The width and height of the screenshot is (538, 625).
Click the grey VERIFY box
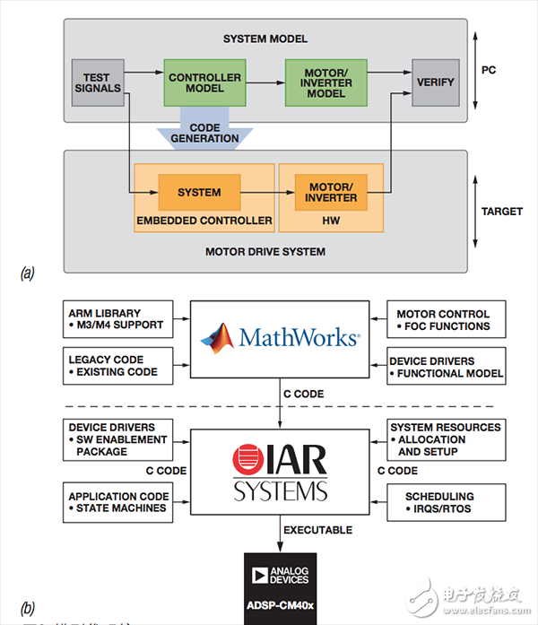435,82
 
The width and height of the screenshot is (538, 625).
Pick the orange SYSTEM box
199,191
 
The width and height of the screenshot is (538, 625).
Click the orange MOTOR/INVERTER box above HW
331,191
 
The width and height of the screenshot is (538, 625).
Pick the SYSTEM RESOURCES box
445,439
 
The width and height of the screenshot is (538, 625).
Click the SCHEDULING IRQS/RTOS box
445,502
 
